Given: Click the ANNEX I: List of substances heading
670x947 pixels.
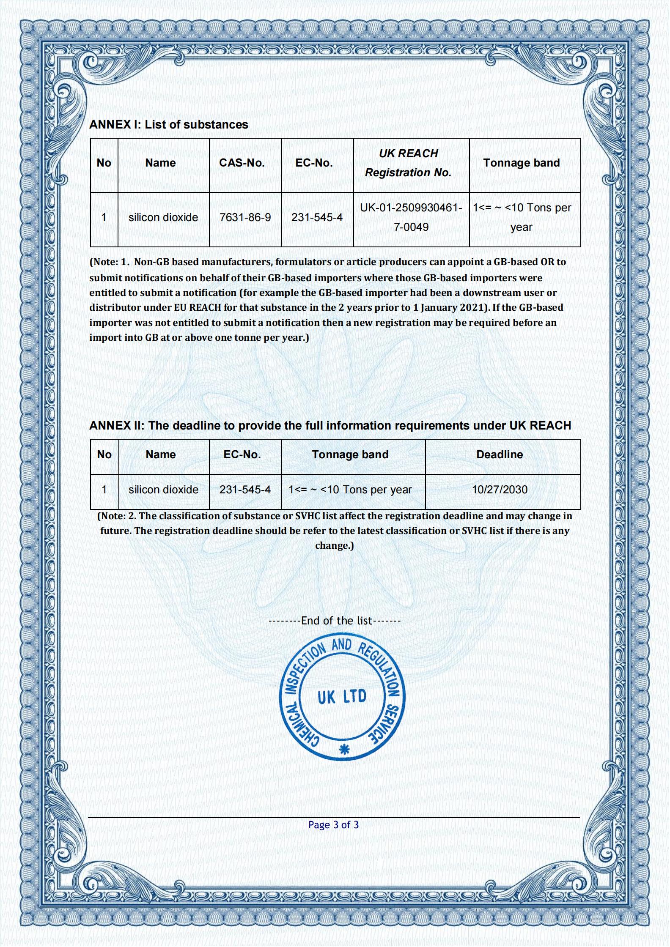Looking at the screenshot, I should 168,125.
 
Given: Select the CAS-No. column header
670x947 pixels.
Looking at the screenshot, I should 242,163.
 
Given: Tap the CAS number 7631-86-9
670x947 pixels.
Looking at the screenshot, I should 245,218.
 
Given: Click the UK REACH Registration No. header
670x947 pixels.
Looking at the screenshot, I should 408,163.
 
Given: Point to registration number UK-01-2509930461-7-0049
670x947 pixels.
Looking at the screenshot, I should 411,217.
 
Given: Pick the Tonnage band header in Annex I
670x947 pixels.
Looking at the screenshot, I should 521,163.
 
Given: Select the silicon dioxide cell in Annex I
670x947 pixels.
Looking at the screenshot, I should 163,218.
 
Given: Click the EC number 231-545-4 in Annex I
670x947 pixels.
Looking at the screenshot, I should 317,218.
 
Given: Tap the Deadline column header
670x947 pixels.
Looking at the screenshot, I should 500,455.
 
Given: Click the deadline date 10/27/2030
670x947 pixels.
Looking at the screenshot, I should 500,490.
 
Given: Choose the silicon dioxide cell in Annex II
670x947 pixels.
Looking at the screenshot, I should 163,490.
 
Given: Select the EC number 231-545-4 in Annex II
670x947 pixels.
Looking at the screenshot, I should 245,490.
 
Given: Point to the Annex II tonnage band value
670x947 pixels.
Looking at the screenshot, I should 350,490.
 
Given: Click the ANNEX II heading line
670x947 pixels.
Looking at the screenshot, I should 330,426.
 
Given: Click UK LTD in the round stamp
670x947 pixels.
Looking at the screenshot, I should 342,697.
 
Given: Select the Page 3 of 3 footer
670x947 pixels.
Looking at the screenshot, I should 333,825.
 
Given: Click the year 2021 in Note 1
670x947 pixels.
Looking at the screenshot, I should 471,308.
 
